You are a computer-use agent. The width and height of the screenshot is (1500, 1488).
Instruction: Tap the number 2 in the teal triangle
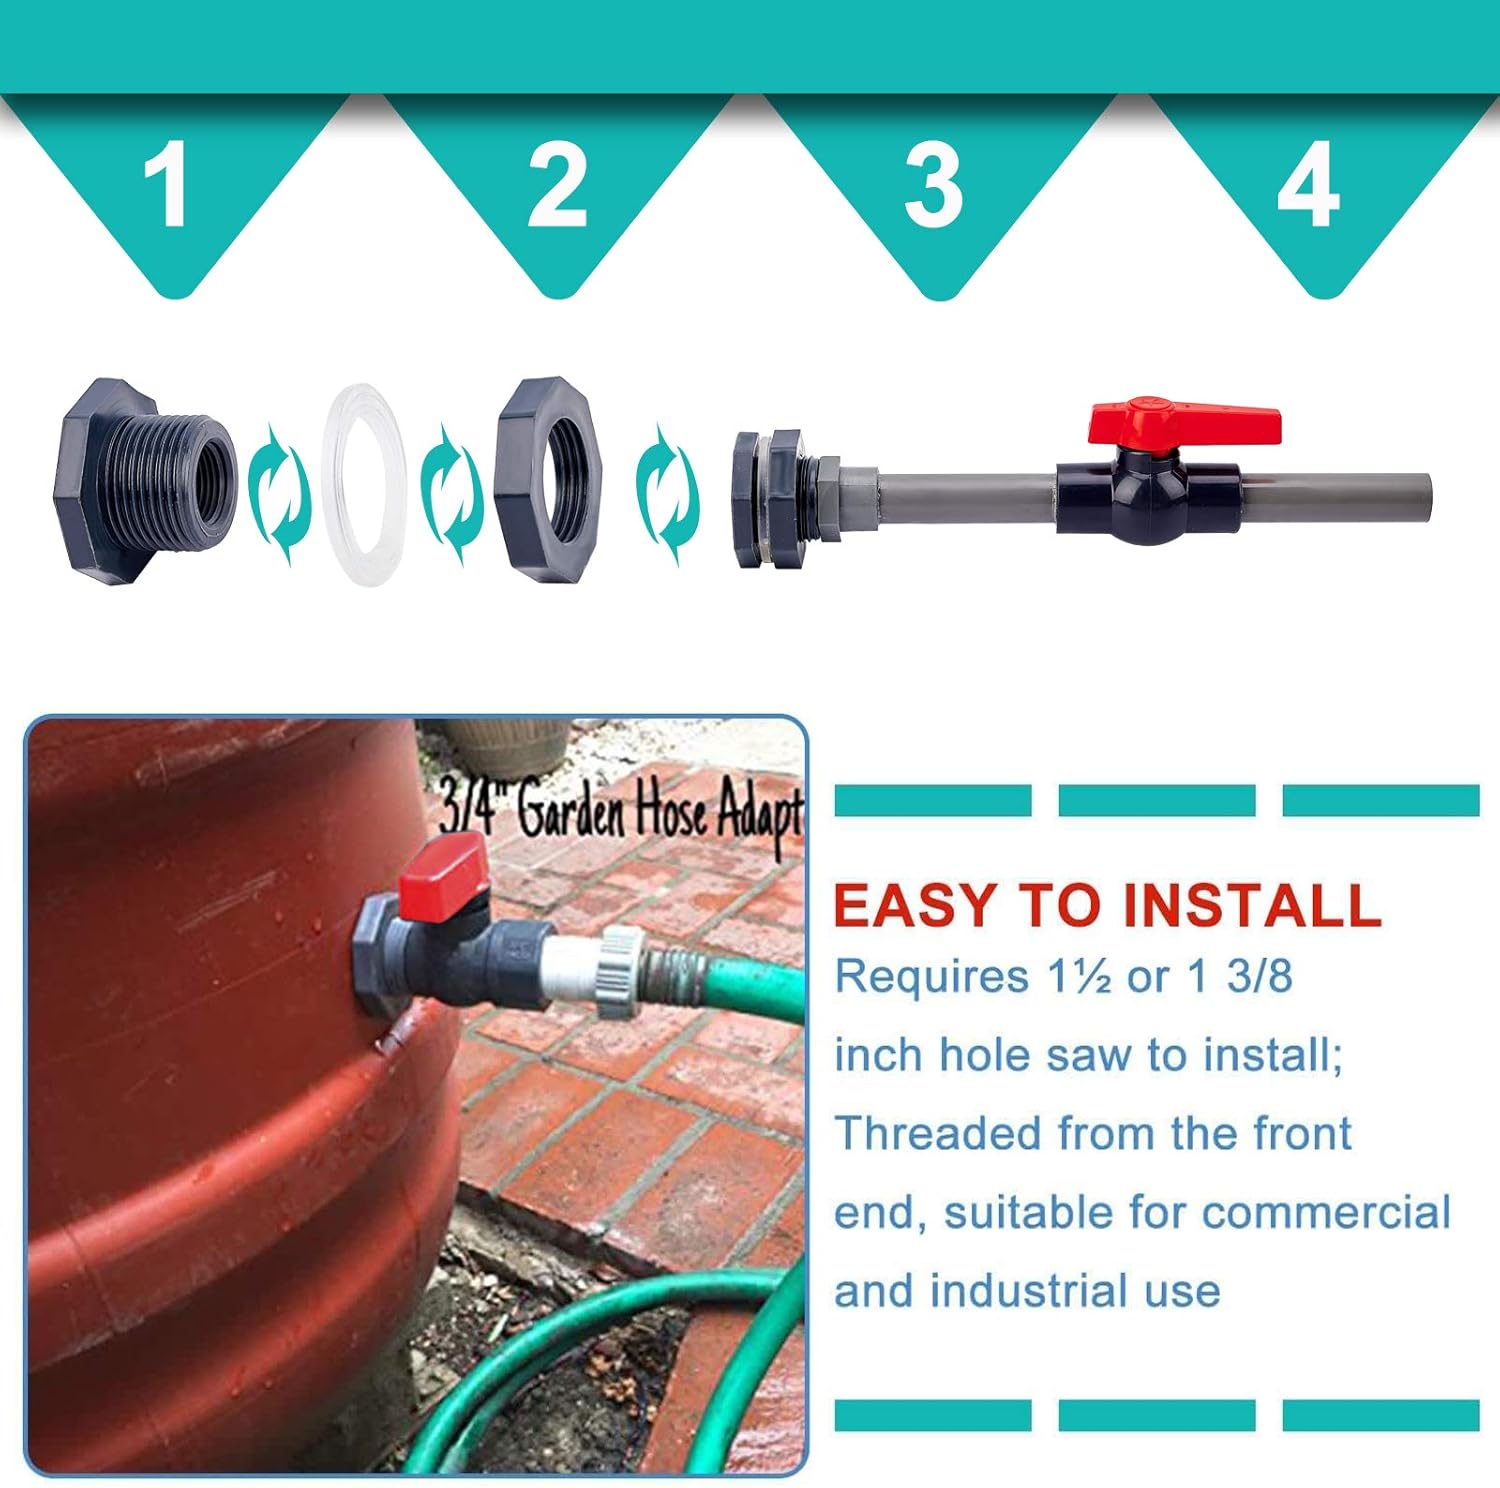click(x=557, y=184)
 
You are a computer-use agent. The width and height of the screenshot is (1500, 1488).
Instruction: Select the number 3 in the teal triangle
click(x=933, y=184)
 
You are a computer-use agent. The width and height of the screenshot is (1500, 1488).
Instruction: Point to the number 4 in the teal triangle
click(x=1308, y=184)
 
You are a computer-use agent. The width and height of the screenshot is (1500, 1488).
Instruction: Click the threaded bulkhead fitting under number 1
click(x=145, y=481)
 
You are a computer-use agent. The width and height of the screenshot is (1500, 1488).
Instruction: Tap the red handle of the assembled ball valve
click(x=1184, y=422)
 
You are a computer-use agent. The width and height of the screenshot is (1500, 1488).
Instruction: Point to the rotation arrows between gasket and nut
click(x=452, y=491)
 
